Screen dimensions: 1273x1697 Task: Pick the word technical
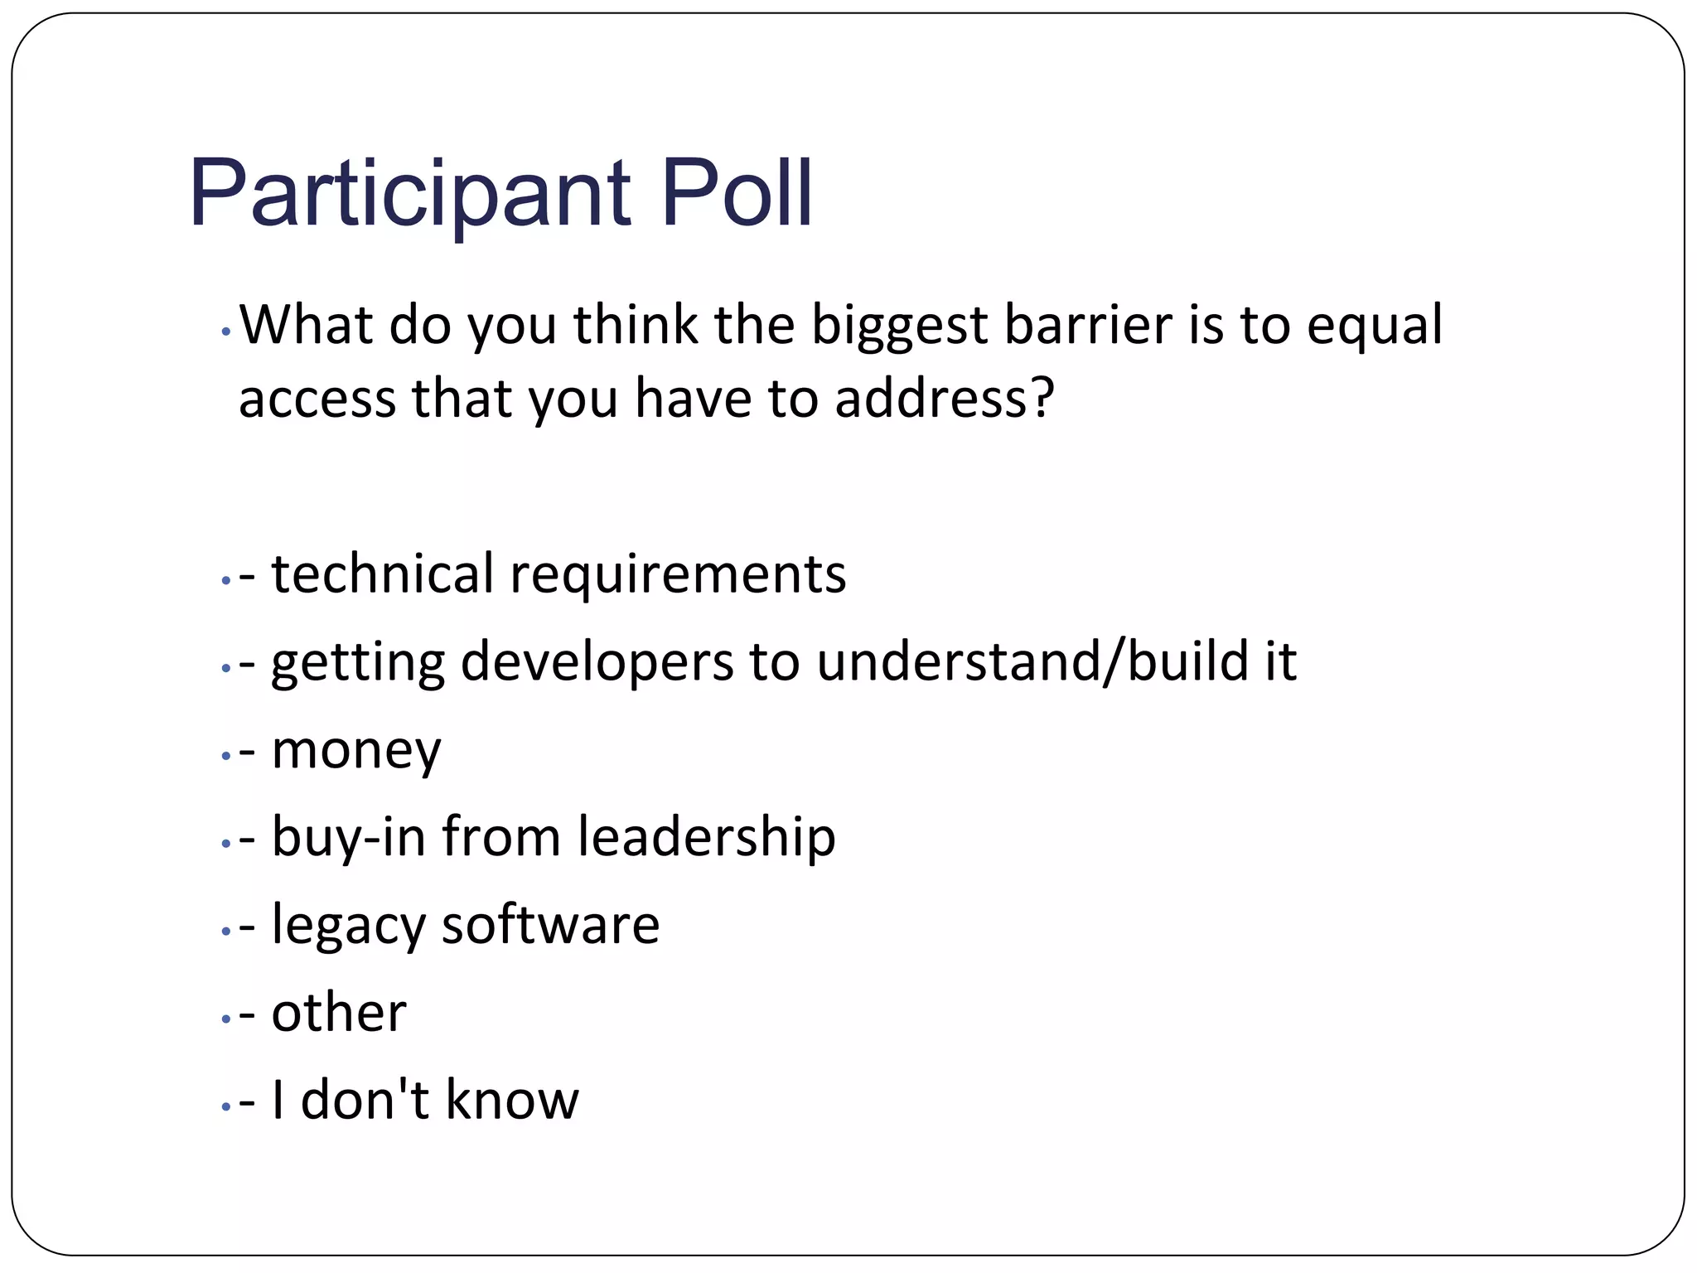382,574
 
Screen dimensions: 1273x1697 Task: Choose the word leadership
706,837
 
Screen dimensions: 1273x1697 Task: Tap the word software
550,925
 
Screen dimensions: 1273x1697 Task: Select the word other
339,1013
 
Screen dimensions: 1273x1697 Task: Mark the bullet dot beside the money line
225,756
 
